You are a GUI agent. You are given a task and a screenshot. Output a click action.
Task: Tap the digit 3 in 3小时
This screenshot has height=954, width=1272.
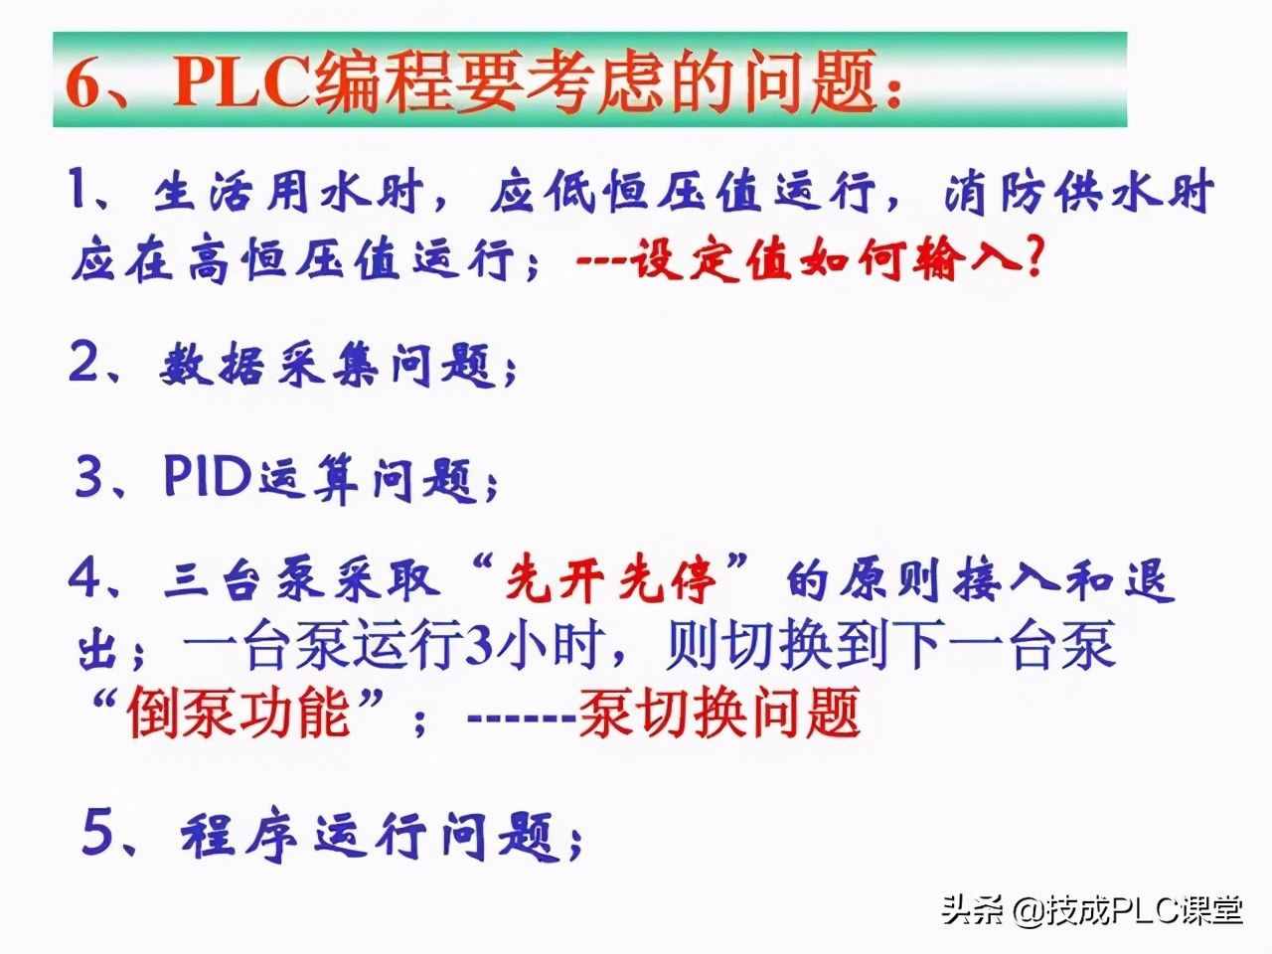tap(479, 647)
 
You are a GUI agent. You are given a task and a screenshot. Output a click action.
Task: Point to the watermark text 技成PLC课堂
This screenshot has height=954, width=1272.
tap(1143, 909)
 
